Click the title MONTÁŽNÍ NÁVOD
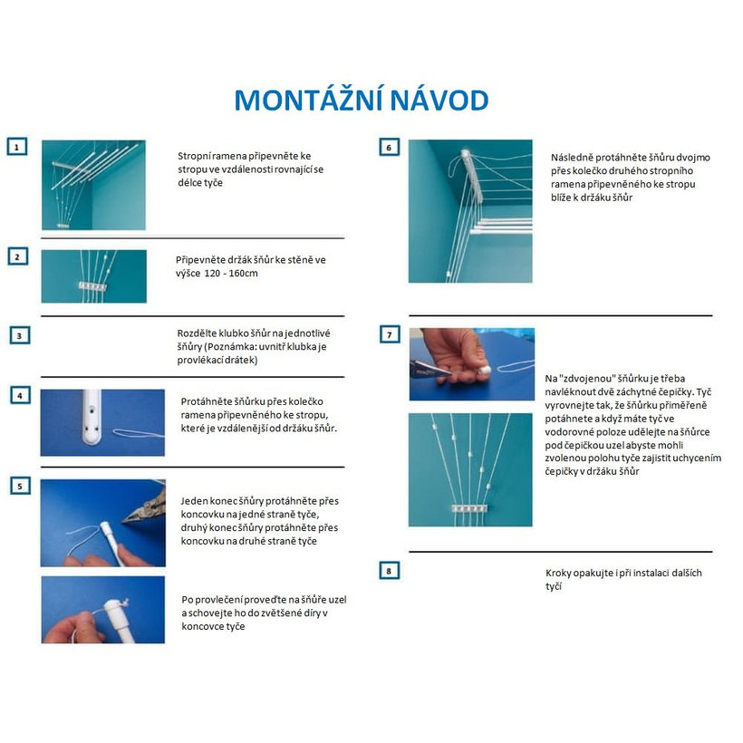tap(362, 100)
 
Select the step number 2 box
tap(17, 256)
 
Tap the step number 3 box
tap(17, 334)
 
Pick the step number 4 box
tap(17, 395)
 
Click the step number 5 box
tap(17, 485)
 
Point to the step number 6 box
tap(388, 147)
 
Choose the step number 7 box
tap(388, 334)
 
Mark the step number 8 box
tap(388, 570)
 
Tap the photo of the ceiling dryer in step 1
tap(93, 185)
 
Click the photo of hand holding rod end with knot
tap(103, 610)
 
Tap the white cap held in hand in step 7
tap(484, 370)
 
